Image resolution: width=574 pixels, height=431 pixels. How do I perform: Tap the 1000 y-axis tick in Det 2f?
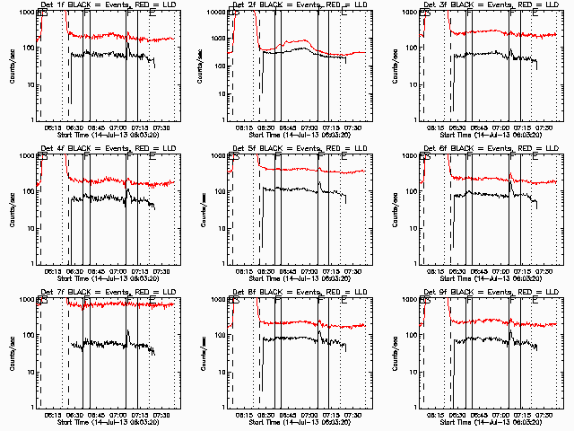pyautogui.click(x=216, y=12)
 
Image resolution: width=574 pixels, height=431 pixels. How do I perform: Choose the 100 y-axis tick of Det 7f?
pyautogui.click(x=27, y=336)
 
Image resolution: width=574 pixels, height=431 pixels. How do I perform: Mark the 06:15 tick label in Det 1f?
pyautogui.click(x=51, y=127)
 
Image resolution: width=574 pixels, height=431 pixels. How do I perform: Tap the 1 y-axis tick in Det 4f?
pyautogui.click(x=32, y=263)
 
